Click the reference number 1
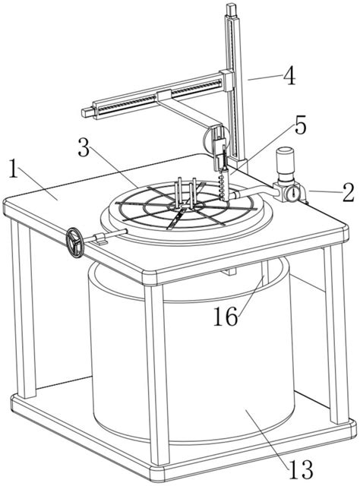point(13,168)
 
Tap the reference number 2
point(349,192)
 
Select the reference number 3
point(84,148)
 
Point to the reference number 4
point(289,75)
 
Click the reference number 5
point(299,125)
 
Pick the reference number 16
point(226,317)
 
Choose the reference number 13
point(301,469)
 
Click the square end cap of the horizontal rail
point(88,112)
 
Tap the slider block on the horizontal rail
point(164,96)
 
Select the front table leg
point(157,374)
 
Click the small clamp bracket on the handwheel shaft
point(100,238)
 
